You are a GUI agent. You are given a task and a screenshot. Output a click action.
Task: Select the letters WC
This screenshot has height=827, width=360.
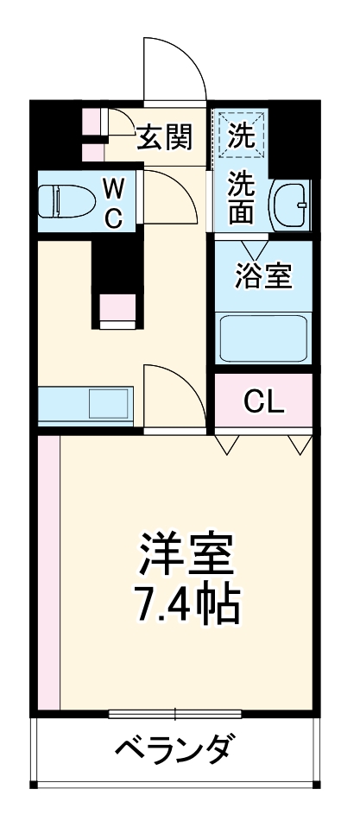113,202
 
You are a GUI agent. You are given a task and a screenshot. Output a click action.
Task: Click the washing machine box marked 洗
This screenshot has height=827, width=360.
242,134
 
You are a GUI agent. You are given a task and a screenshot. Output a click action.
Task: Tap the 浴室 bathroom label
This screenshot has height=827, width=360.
263,275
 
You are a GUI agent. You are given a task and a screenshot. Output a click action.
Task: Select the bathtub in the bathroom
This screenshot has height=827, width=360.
262,338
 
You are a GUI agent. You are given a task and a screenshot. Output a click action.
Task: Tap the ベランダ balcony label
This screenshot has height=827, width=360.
173,748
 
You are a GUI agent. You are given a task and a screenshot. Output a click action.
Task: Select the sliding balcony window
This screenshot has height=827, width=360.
176,714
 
